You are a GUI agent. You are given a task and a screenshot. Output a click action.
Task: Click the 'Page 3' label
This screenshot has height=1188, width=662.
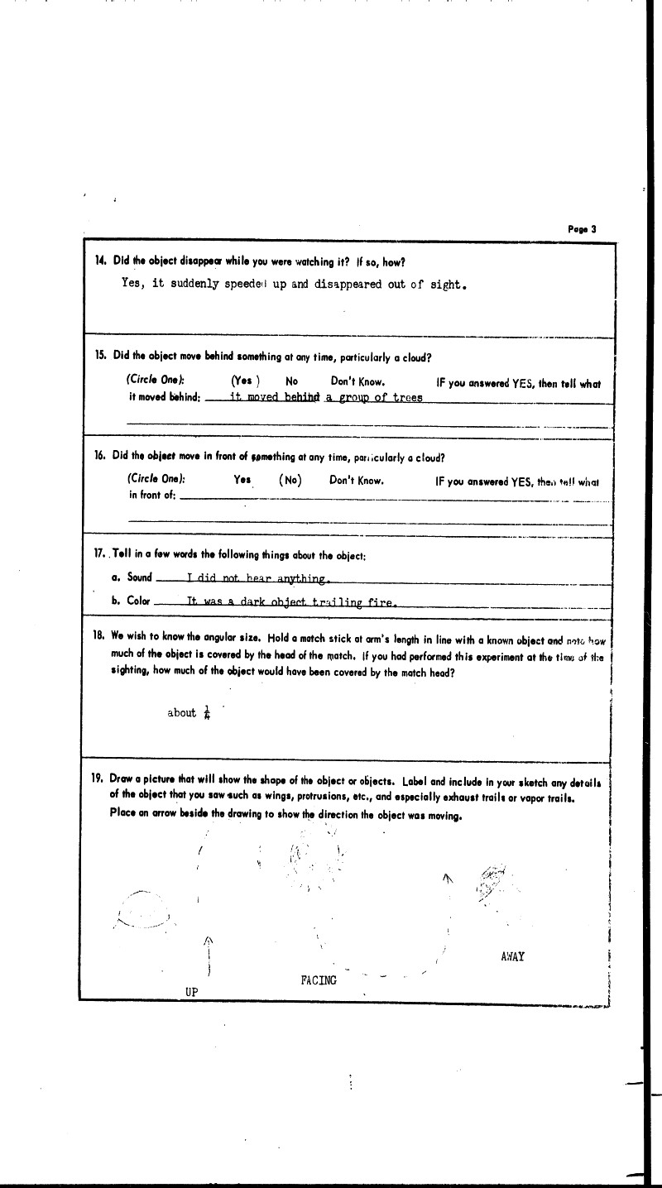coord(582,229)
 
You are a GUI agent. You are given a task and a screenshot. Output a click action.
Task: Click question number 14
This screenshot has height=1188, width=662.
coord(100,261)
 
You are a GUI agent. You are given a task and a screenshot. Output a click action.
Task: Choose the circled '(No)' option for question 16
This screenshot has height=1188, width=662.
coord(290,480)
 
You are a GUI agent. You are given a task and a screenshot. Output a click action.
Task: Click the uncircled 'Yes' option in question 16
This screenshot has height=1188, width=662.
coord(242,480)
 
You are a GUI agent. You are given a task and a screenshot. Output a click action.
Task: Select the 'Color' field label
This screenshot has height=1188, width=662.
coord(137,601)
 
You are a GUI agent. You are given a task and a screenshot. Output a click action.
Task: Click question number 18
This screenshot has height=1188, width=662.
coord(100,640)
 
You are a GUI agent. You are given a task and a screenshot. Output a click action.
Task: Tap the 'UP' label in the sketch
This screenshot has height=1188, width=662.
coord(191,993)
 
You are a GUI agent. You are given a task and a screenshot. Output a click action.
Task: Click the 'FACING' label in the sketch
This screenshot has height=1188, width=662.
coord(319,980)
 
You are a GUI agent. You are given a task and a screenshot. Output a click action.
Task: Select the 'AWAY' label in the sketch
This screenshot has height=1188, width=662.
coord(513,957)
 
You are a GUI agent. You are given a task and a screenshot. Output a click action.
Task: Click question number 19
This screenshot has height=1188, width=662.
coord(97,778)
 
